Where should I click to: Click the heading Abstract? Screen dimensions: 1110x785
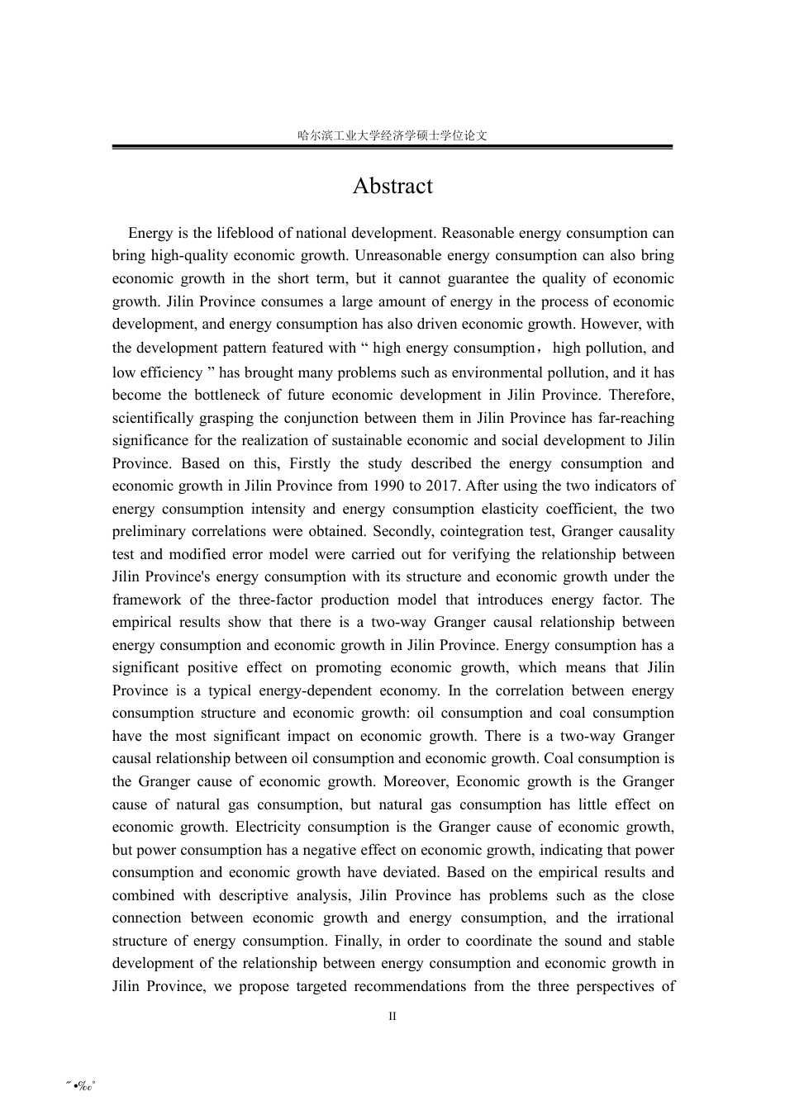392,186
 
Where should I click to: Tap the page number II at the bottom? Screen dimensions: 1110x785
392,1016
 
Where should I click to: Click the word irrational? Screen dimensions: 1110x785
642,918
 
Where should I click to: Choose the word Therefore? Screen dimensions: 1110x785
641,396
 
